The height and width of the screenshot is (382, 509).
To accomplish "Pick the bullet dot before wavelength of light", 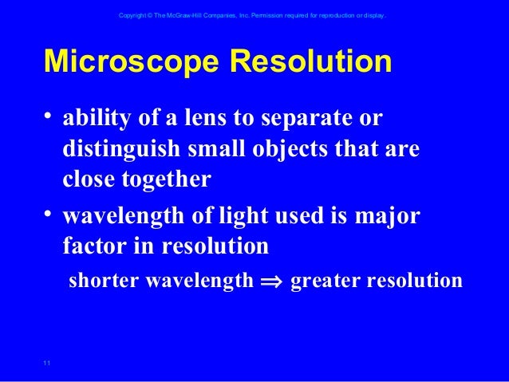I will [50, 215].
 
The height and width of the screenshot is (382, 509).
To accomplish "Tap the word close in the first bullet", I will [88, 179].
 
